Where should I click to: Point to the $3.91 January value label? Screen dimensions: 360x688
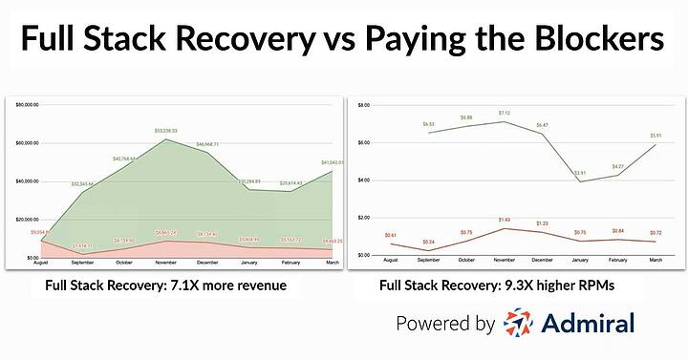pyautogui.click(x=579, y=173)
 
